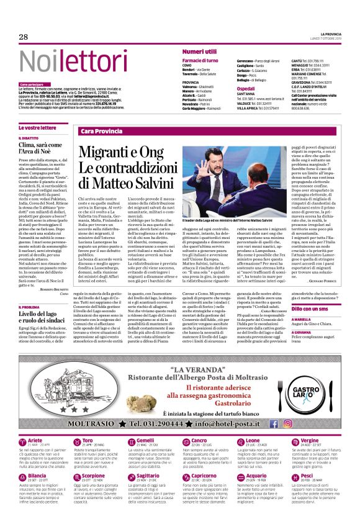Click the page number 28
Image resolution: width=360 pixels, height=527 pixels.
click(24, 38)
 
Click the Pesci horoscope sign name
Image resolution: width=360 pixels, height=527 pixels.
click(306, 492)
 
